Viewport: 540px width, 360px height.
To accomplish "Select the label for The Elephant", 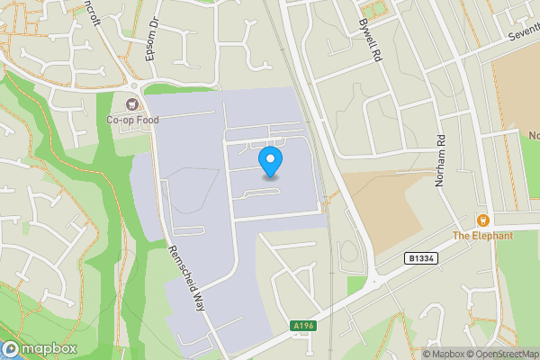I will point(482,236).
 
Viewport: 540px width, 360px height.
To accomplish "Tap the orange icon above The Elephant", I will point(482,220).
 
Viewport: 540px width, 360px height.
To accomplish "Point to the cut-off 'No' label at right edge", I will point(533,136).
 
